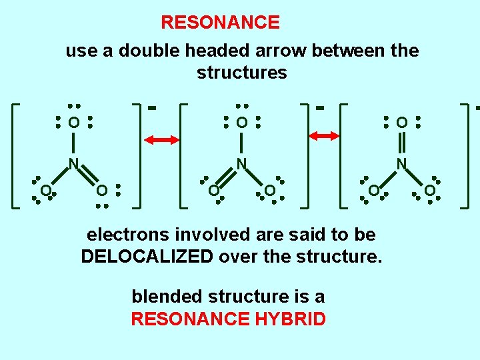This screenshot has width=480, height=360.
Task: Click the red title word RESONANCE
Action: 220,23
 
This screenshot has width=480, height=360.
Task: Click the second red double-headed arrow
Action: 325,136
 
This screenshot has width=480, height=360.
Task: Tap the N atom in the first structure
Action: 75,163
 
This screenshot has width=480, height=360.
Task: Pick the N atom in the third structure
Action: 401,163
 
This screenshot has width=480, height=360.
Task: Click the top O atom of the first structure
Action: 74,123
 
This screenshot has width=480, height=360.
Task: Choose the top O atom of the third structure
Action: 401,123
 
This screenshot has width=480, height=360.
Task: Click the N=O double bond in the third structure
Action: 401,143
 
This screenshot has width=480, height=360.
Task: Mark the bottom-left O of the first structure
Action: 45,191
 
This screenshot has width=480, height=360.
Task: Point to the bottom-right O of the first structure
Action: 101,191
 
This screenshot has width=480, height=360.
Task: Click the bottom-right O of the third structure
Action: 430,191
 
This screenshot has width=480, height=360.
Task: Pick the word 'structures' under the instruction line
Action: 241,73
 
